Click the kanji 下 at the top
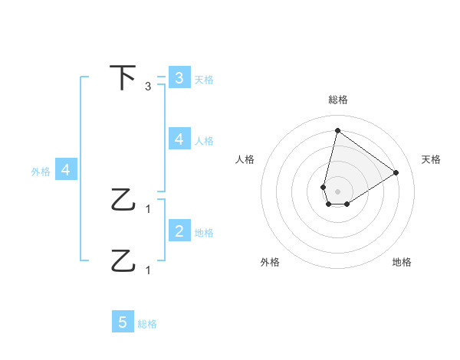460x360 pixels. (123, 78)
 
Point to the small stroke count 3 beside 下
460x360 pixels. (148, 87)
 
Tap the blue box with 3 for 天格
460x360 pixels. (179, 78)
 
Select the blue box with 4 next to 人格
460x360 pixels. (179, 139)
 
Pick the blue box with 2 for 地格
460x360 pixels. (179, 231)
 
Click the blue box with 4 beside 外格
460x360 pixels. (65, 171)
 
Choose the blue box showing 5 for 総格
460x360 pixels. (123, 322)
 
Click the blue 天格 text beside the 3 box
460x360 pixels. (203, 79)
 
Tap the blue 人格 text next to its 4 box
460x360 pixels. (203, 140)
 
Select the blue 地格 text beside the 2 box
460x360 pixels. (203, 232)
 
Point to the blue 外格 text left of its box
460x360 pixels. (41, 172)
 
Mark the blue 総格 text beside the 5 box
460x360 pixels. (147, 324)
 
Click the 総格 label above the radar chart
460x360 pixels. (338, 100)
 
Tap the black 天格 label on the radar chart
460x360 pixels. (431, 159)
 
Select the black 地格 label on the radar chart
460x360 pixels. (402, 262)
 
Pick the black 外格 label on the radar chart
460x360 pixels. (270, 262)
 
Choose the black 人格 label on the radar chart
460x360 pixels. (245, 159)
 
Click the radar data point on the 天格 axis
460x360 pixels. (396, 173)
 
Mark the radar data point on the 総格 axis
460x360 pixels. (337, 130)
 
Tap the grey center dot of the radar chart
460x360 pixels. (337, 191)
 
